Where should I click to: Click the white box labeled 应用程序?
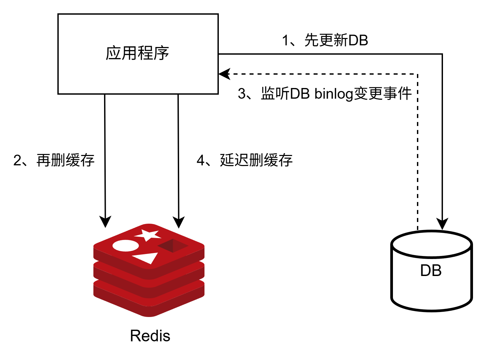click(x=138, y=54)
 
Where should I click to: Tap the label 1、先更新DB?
click(x=325, y=41)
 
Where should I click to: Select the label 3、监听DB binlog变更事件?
click(x=325, y=94)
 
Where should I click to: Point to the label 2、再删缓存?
click(x=54, y=160)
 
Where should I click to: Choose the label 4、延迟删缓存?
click(x=245, y=160)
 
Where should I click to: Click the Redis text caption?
click(x=150, y=336)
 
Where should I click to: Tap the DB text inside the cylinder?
click(x=431, y=271)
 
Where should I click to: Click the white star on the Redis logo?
click(x=148, y=235)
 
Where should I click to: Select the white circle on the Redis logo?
click(x=125, y=246)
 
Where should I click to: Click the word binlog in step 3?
click(x=334, y=94)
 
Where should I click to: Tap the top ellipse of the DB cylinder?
click(x=431, y=244)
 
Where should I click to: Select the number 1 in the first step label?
click(x=285, y=41)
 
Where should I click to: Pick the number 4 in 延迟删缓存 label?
click(x=200, y=160)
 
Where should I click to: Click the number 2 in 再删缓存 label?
click(x=17, y=160)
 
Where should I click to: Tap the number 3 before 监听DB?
click(x=241, y=94)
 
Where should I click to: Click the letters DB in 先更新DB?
click(x=358, y=41)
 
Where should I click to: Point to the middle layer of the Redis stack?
click(x=149, y=282)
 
